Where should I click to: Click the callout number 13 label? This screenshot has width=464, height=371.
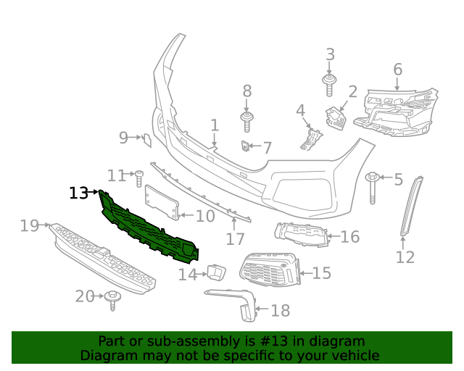pyautogui.click(x=79, y=193)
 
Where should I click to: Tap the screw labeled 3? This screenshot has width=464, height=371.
pyautogui.click(x=329, y=83)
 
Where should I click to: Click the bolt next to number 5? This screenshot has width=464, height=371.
pyautogui.click(x=373, y=185)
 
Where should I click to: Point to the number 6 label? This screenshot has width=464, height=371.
pyautogui.click(x=397, y=70)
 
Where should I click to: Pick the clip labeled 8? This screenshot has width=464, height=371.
pyautogui.click(x=246, y=120)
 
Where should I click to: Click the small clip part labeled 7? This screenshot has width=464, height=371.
pyautogui.click(x=246, y=147)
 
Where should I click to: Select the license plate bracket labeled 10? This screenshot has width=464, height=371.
pyautogui.click(x=162, y=202)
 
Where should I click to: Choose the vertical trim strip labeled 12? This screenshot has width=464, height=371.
pyautogui.click(x=412, y=206)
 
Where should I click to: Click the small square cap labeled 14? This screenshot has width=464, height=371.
pyautogui.click(x=216, y=272)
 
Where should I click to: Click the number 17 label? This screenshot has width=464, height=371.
pyautogui.click(x=235, y=238)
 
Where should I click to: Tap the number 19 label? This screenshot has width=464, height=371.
pyautogui.click(x=29, y=226)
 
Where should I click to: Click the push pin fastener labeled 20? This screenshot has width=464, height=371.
pyautogui.click(x=112, y=299)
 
